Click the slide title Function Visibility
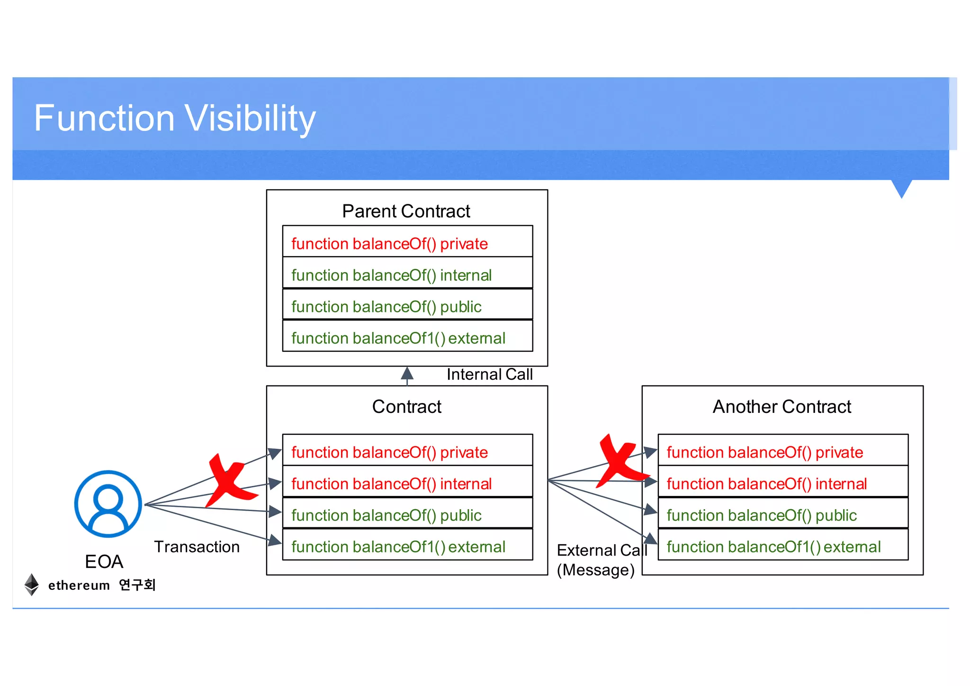[174, 119]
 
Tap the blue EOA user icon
[108, 503]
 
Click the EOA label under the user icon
[104, 562]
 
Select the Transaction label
[197, 547]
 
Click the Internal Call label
[489, 375]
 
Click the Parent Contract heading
[406, 211]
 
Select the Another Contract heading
[781, 407]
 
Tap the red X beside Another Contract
[621, 461]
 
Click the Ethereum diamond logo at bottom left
[31, 585]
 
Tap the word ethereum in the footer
[79, 585]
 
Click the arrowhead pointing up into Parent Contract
[407, 374]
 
